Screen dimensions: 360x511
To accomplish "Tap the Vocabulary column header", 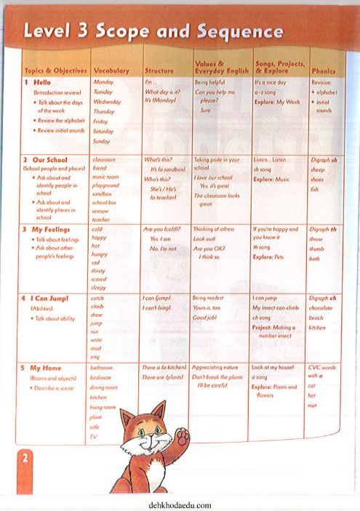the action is [x=111, y=71].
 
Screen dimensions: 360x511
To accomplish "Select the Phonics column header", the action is [x=323, y=71].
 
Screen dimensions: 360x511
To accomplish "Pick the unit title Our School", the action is [x=49, y=159].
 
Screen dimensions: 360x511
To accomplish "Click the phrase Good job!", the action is [x=207, y=318].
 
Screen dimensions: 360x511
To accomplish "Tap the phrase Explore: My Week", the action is [x=276, y=102].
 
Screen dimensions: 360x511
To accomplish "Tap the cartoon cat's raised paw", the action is [x=183, y=437].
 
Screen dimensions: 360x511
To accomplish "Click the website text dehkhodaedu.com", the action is [x=179, y=504].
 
